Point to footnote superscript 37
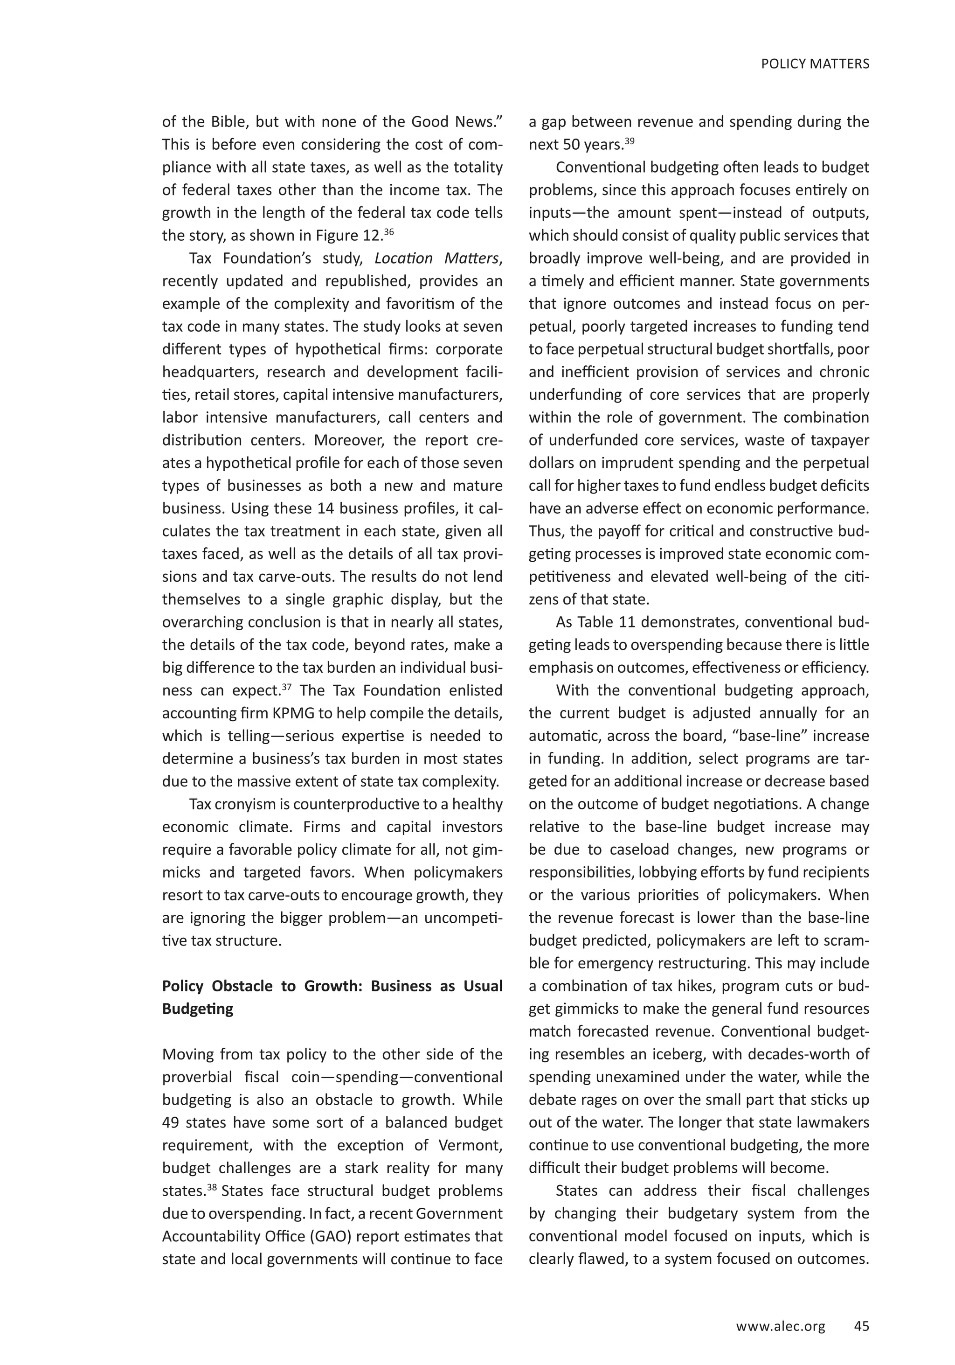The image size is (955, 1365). pos(286,687)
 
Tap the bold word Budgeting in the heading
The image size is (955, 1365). pos(197,1009)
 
